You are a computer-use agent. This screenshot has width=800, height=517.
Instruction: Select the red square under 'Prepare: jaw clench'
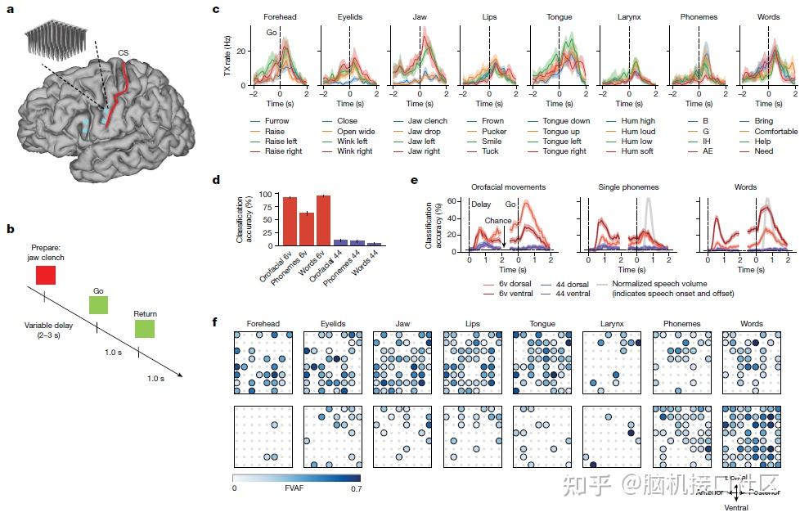point(46,276)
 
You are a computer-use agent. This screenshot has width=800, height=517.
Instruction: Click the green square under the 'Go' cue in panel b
point(99,305)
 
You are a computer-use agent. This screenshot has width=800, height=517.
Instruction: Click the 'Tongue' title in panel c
point(559,16)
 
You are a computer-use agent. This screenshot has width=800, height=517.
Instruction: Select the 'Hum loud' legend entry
point(637,131)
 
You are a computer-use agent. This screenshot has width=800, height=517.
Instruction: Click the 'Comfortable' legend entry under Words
point(775,131)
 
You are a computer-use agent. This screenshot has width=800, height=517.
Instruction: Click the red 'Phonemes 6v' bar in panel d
point(305,229)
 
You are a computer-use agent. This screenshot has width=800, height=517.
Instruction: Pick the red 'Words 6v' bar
point(323,220)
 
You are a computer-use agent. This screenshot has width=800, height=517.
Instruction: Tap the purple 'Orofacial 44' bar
point(340,242)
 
